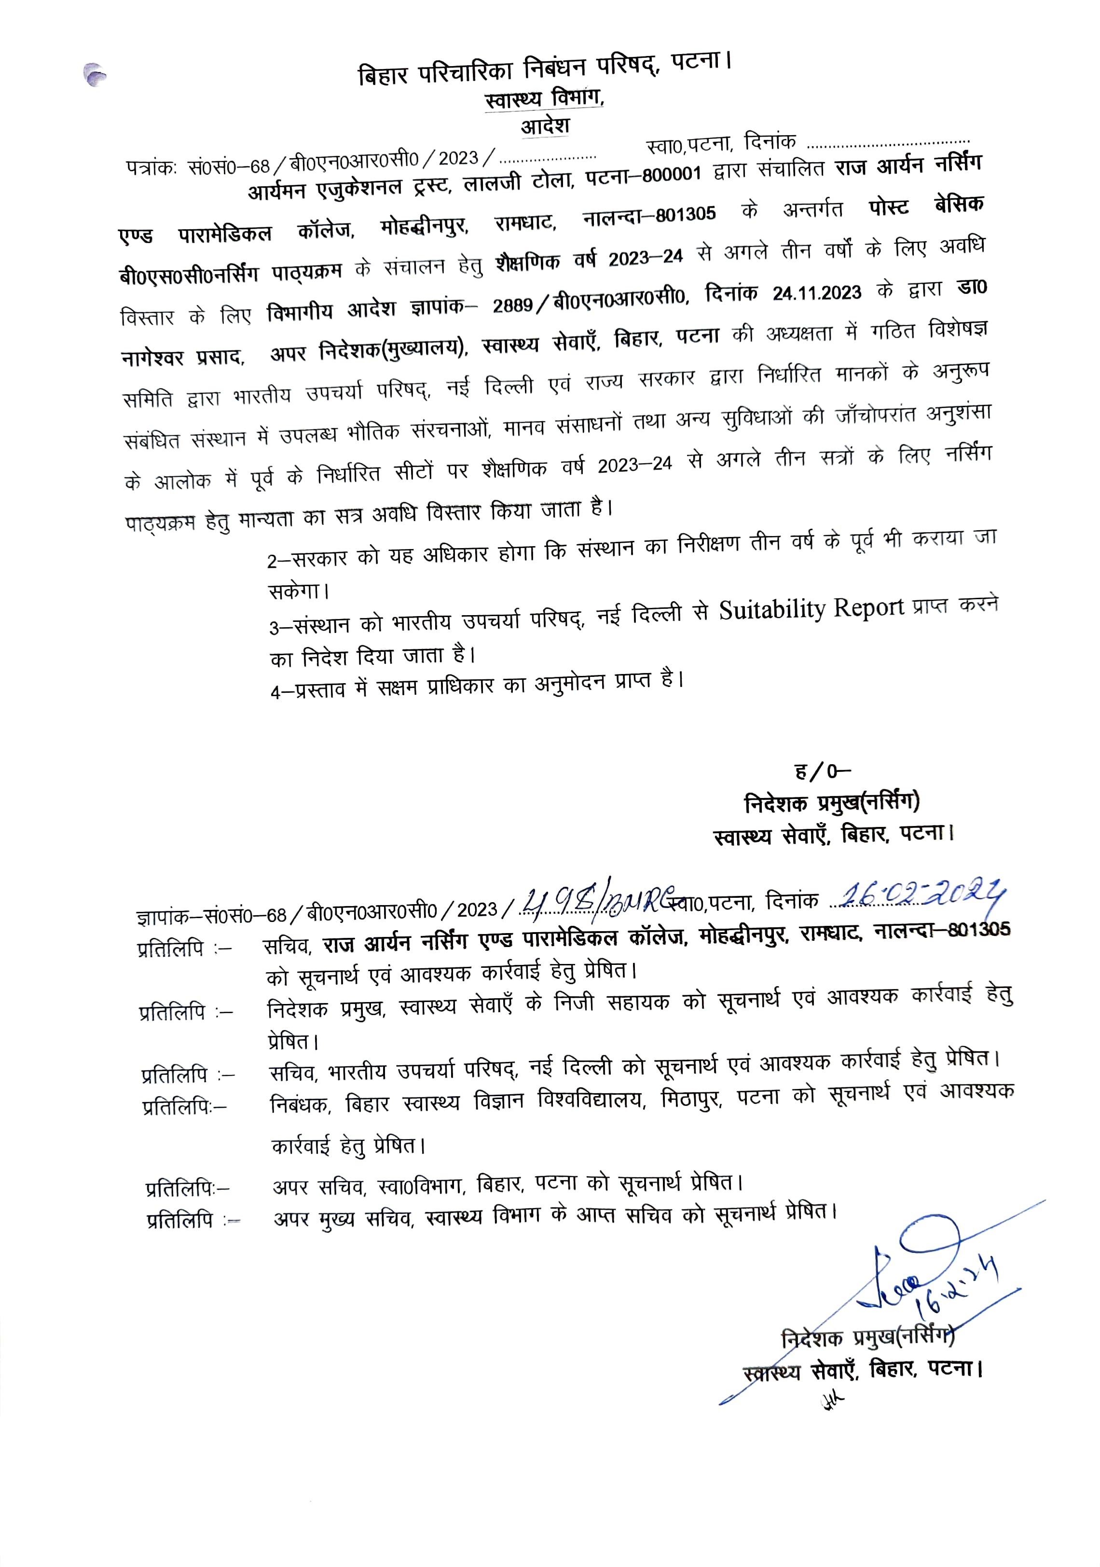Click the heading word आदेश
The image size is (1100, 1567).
pos(545,127)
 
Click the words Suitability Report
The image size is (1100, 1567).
pos(811,608)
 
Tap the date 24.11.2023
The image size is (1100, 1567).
pos(816,293)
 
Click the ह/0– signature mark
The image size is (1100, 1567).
pos(822,771)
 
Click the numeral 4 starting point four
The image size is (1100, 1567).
pos(275,693)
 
